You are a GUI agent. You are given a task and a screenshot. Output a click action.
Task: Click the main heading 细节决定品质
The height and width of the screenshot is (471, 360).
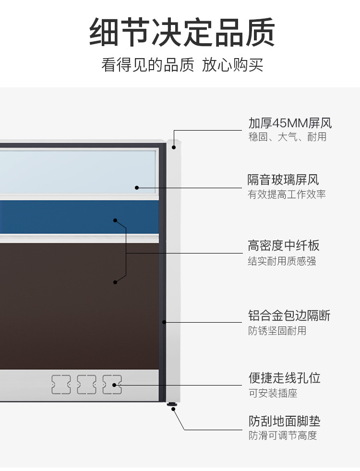coord(182,32)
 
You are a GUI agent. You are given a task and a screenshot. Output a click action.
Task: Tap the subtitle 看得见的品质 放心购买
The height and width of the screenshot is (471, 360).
coord(182,64)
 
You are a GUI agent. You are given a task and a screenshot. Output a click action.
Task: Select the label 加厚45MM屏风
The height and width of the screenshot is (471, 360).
coord(289,123)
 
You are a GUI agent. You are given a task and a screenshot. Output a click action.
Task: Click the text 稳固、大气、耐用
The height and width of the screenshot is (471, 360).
coord(287,137)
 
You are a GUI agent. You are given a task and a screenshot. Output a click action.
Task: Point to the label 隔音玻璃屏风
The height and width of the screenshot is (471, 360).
coord(283,180)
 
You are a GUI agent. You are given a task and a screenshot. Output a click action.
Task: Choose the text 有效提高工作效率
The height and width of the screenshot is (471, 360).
coord(287,194)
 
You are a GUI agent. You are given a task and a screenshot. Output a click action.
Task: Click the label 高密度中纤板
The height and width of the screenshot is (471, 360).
coord(283,246)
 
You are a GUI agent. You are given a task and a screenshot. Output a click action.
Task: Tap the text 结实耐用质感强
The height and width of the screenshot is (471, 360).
coord(282,261)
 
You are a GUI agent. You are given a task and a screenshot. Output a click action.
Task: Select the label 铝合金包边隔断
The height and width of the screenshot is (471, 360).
coord(289,316)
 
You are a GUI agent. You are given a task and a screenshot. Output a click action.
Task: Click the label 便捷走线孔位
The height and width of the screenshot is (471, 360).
coord(284,378)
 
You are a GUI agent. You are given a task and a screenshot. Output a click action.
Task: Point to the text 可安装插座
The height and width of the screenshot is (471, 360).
coord(273,393)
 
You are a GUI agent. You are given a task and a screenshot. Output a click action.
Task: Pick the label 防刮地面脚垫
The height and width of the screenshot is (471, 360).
coord(284,422)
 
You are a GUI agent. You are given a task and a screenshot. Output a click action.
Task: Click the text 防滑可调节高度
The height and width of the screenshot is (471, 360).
coord(283,436)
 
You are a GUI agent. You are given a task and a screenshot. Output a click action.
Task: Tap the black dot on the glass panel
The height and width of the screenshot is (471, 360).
coord(137,188)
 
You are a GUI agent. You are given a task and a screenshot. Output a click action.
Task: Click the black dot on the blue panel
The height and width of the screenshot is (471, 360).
coord(115,220)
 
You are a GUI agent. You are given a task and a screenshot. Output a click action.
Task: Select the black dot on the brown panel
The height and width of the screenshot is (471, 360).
coord(115,282)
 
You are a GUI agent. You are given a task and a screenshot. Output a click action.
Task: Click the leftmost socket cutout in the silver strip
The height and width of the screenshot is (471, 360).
coord(61,385)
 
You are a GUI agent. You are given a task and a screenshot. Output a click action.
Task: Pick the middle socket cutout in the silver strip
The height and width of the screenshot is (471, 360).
coord(86,385)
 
